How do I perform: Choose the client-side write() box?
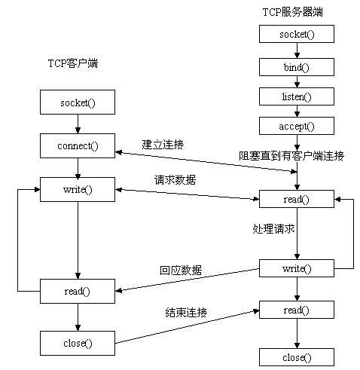click(78, 188)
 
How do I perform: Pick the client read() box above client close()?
click(78, 290)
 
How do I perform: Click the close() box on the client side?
click(78, 343)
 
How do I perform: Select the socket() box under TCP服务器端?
click(296, 35)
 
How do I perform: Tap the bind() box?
click(296, 66)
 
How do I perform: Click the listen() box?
click(296, 97)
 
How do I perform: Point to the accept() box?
click(296, 126)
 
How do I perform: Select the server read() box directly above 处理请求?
click(296, 199)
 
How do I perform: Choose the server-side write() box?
click(296, 268)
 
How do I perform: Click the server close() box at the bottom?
click(296, 356)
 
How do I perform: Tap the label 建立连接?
click(163, 143)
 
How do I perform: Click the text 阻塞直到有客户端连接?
click(291, 156)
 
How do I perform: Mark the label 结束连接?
click(186, 312)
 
